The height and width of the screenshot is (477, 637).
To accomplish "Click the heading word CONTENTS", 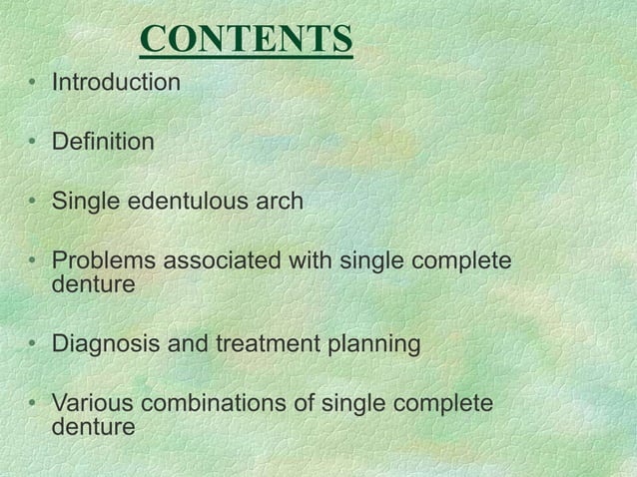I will (x=247, y=40).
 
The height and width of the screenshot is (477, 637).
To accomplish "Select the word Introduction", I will (x=116, y=82).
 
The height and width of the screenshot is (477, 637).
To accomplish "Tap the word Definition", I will (x=103, y=143).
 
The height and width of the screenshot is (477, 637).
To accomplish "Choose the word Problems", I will (x=103, y=262).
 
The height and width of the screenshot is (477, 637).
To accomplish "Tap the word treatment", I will (x=257, y=345).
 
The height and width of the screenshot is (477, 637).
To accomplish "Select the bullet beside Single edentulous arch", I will (x=34, y=204).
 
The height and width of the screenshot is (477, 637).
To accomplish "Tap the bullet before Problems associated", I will (x=34, y=263).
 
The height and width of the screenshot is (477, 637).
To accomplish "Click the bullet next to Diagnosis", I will (x=34, y=346).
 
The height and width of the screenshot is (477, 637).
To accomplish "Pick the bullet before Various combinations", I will (x=34, y=406).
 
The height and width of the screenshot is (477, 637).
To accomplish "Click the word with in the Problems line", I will (x=311, y=262).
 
